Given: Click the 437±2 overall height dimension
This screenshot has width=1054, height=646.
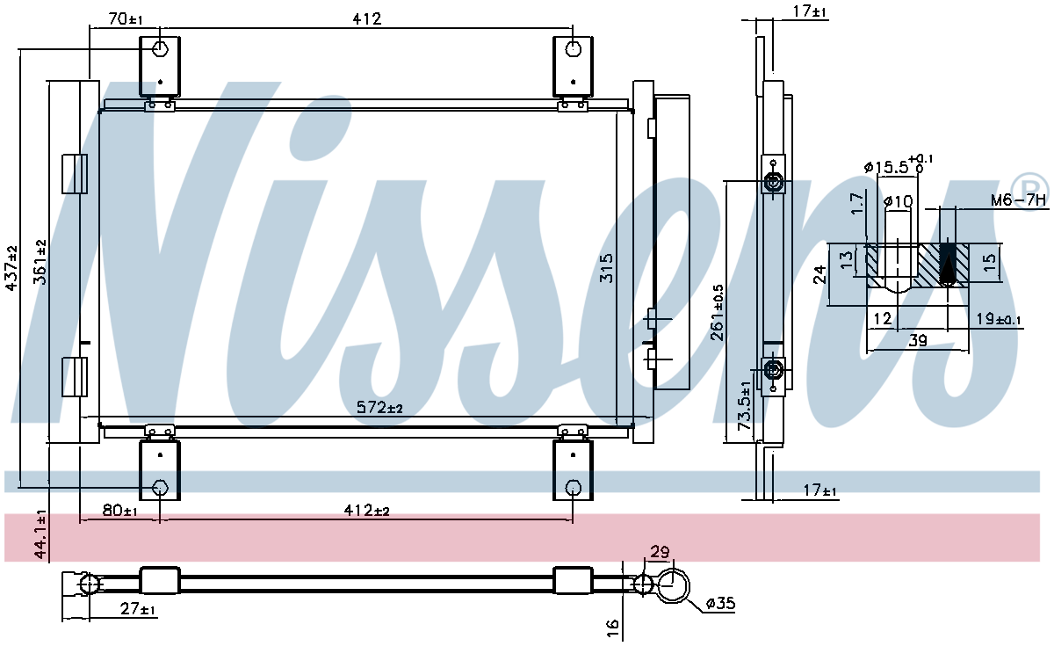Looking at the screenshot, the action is coord(11,267).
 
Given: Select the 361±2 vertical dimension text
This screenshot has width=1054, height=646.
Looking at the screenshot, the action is coord(40,262).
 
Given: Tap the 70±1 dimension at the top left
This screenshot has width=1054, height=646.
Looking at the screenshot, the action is coord(125,19).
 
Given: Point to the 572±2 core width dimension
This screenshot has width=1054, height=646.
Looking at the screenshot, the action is coord(379,407).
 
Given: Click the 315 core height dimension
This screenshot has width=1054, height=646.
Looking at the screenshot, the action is coord(607,268).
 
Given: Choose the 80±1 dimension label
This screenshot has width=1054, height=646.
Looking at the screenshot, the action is coord(119,511).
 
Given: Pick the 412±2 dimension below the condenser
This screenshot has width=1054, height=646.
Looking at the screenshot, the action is coord(366,511).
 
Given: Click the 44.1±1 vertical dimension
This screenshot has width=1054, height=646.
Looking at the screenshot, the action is coord(41,534).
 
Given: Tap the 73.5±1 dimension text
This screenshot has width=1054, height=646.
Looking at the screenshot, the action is coord(745,406).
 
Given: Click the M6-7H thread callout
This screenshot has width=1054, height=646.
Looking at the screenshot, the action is coord(1018,200).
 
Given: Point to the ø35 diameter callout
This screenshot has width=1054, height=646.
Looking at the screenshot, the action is coord(720,603).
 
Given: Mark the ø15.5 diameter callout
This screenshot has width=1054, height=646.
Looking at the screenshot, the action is coord(899,166).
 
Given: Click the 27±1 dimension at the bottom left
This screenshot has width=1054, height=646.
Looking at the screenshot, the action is coord(137,609).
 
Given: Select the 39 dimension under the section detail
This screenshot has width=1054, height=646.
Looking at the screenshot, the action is coord(918,340).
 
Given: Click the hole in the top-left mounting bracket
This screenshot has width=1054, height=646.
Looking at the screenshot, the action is coord(161,49).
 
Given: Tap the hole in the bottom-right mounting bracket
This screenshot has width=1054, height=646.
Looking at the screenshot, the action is coord(573,487).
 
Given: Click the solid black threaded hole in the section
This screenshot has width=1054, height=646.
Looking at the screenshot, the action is coord(947,264).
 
